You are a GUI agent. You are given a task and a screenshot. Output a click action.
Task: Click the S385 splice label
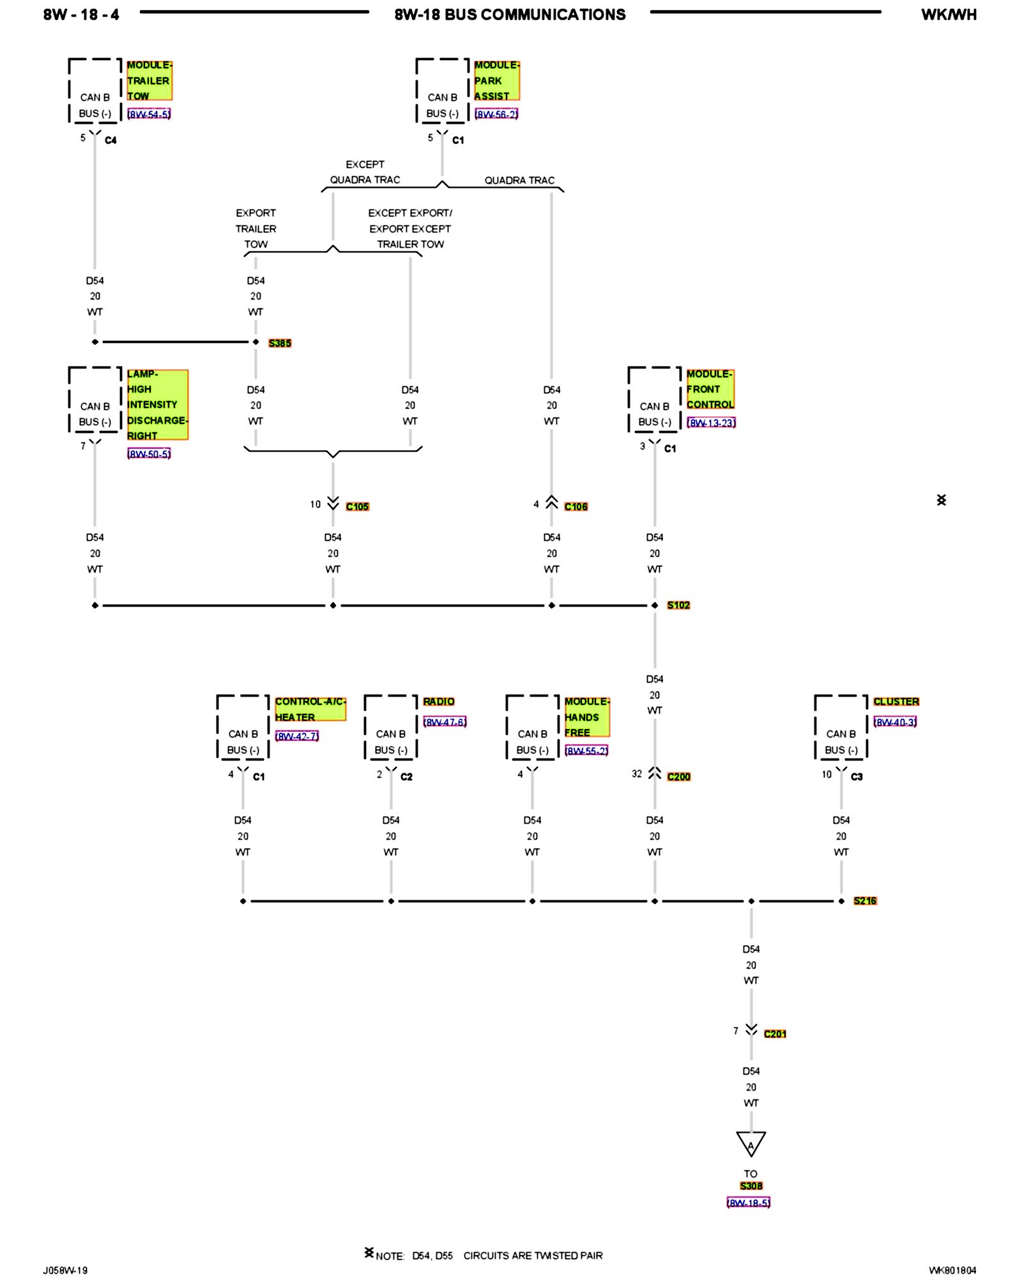(x=280, y=343)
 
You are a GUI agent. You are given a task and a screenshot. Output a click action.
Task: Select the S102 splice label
(x=678, y=605)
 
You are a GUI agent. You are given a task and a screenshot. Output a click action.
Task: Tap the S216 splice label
(x=865, y=901)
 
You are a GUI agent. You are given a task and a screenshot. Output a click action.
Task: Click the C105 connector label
(x=357, y=506)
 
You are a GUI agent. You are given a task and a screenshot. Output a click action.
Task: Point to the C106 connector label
(x=576, y=506)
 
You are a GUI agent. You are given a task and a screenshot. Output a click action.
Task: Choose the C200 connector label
(x=678, y=776)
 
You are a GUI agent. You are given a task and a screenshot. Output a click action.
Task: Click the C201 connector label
(x=775, y=1034)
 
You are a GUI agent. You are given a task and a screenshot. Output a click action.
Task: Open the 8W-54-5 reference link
(x=149, y=114)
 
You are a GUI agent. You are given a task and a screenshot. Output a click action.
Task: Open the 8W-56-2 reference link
(x=496, y=114)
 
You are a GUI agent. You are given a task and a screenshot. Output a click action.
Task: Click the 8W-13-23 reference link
(x=711, y=423)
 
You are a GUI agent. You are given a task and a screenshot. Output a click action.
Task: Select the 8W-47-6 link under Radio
(x=445, y=722)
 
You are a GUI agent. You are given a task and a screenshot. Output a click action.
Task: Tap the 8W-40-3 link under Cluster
(x=895, y=722)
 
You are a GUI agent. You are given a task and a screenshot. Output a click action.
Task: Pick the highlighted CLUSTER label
(x=896, y=702)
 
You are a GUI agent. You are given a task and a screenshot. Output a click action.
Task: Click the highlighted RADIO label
(x=439, y=702)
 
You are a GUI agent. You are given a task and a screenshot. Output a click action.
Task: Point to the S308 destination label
(x=751, y=1186)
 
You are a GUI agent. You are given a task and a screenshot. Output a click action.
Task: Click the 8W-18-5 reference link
(x=749, y=1203)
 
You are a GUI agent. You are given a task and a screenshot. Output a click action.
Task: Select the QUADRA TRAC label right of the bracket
(x=519, y=181)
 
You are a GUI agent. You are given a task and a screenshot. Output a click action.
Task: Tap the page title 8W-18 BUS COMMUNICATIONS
(x=510, y=15)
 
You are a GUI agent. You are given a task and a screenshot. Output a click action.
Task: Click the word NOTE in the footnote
(x=390, y=1256)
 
